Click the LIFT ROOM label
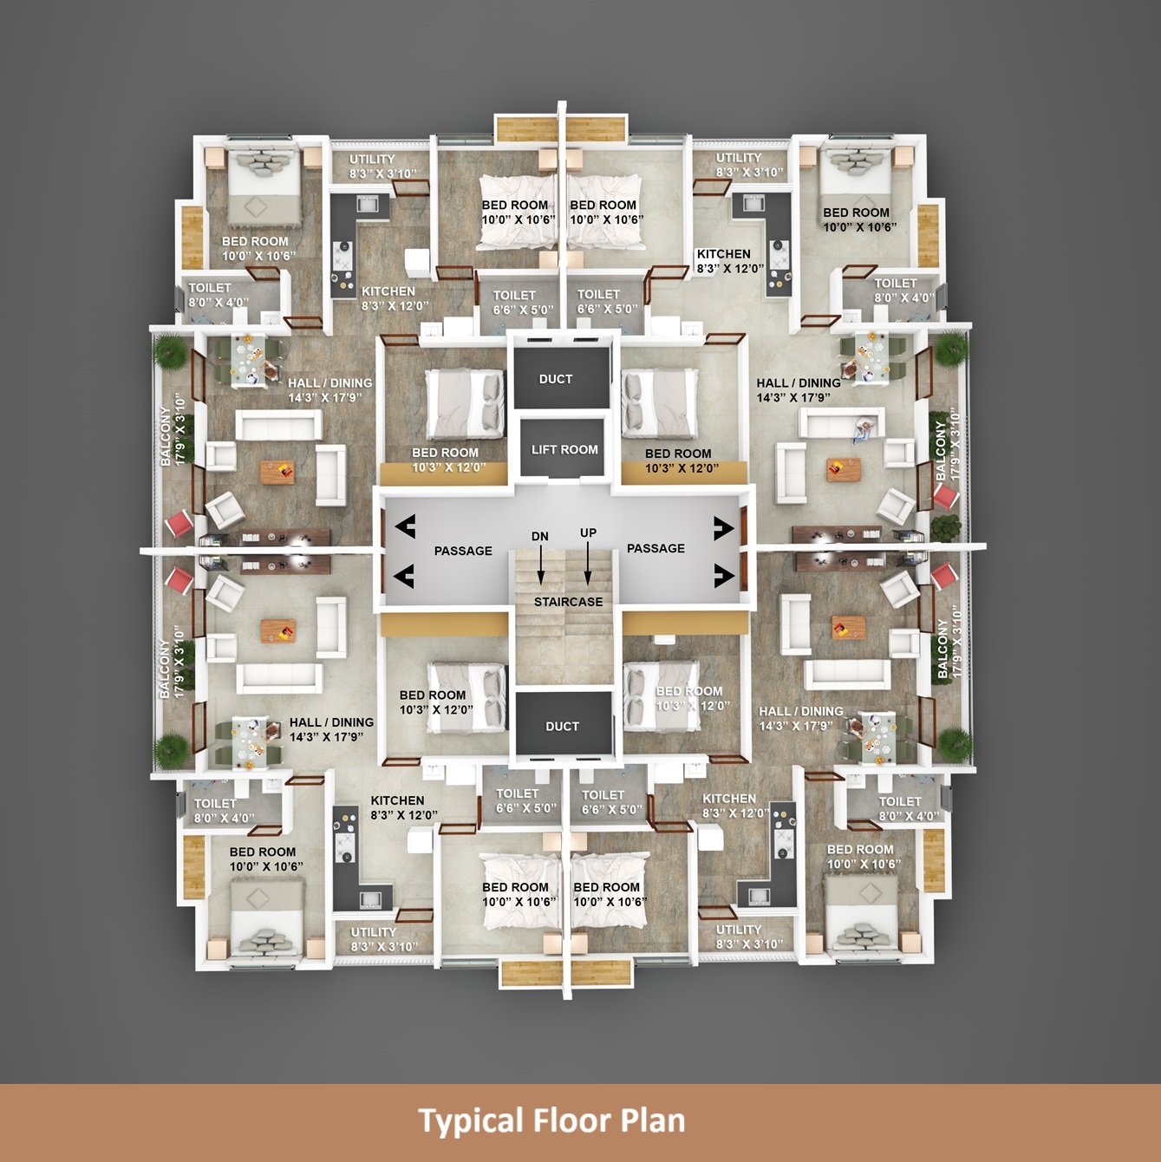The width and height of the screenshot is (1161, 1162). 564,450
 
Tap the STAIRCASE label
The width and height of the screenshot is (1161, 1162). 568,602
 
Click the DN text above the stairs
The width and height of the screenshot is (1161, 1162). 540,536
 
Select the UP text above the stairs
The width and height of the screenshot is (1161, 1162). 588,533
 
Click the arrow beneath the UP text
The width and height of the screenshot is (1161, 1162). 587,564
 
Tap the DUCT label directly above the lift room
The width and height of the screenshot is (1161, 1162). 556,379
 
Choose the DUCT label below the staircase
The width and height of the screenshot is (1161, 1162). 562,727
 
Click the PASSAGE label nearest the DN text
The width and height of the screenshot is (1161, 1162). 463,551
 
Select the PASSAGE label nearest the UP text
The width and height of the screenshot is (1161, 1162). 656,548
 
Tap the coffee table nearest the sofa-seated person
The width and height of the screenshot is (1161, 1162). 844,469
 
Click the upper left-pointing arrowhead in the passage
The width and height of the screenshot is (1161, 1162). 405,526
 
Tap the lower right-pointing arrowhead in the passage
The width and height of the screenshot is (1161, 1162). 724,576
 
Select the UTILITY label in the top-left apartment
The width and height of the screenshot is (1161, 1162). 372,160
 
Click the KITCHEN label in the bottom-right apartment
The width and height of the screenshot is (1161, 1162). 728,799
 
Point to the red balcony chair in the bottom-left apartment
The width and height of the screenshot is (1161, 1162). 179,580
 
